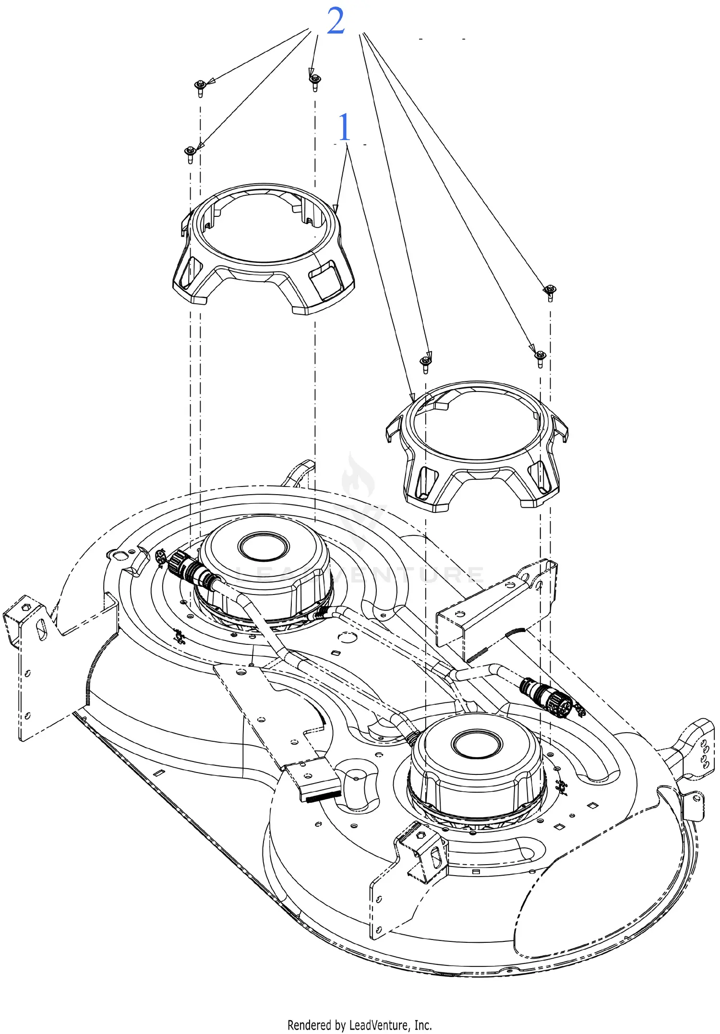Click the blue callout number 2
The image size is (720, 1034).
pos(336,21)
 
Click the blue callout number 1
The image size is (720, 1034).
pos(344,127)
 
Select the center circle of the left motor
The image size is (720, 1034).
pos(264,546)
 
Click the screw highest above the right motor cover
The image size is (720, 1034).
pos(550,291)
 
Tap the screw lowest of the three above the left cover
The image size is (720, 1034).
pos(190,153)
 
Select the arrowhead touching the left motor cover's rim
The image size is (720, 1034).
pos(336,209)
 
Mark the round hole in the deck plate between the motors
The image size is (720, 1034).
pos(347,637)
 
